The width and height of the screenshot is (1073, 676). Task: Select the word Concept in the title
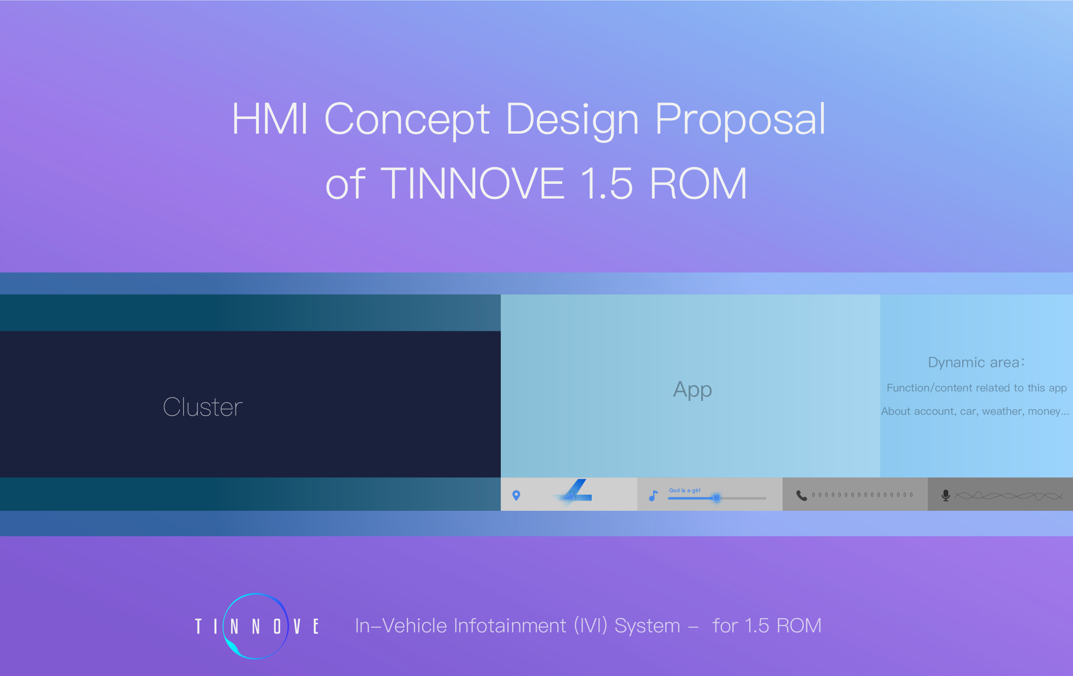(x=407, y=119)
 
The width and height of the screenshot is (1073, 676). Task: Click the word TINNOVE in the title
(x=472, y=183)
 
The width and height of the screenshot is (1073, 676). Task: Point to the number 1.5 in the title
(x=606, y=183)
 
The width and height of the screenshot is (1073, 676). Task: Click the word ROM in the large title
(x=698, y=183)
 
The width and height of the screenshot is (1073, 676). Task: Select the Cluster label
(x=203, y=407)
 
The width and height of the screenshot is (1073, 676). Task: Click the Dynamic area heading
(x=976, y=362)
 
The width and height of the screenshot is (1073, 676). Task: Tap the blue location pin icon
(x=516, y=495)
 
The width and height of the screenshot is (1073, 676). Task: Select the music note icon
(x=653, y=496)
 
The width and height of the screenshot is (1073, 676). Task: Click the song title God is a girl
(x=684, y=490)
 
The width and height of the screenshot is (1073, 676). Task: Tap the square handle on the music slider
(x=716, y=498)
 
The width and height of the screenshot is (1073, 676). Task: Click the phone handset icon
(x=801, y=496)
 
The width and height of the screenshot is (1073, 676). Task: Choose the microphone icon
(x=946, y=496)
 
